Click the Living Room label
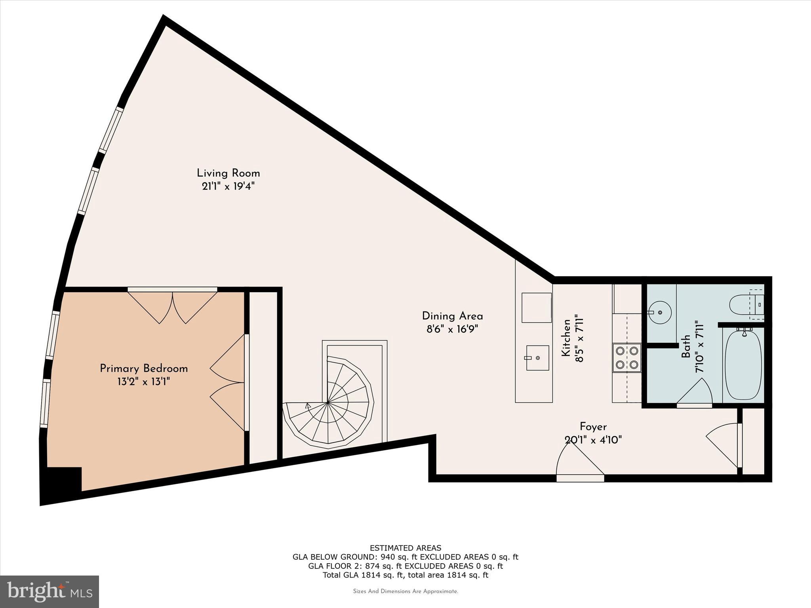coord(228,173)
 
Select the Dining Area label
coord(452,316)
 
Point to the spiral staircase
coord(328,402)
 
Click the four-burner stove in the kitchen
coord(626,358)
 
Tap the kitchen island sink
coord(537,358)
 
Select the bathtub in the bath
coord(743,366)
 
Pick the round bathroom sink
coord(660,312)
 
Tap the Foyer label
coord(593,427)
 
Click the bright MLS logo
coord(49,591)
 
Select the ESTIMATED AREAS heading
coord(405,548)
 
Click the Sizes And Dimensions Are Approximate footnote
coord(405,591)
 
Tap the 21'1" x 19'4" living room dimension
coord(228,186)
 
